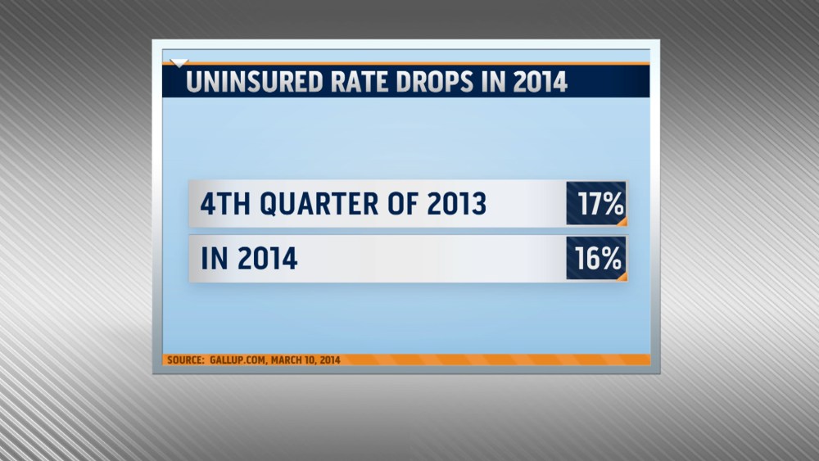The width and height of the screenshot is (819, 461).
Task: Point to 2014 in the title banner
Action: pyautogui.click(x=538, y=83)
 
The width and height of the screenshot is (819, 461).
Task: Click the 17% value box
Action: pyautogui.click(x=596, y=204)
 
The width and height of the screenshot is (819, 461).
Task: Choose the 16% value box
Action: pyautogui.click(x=596, y=259)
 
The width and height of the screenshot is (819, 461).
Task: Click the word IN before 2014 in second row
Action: pyautogui.click(x=213, y=260)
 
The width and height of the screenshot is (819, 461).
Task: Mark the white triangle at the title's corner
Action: pyautogui.click(x=179, y=62)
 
